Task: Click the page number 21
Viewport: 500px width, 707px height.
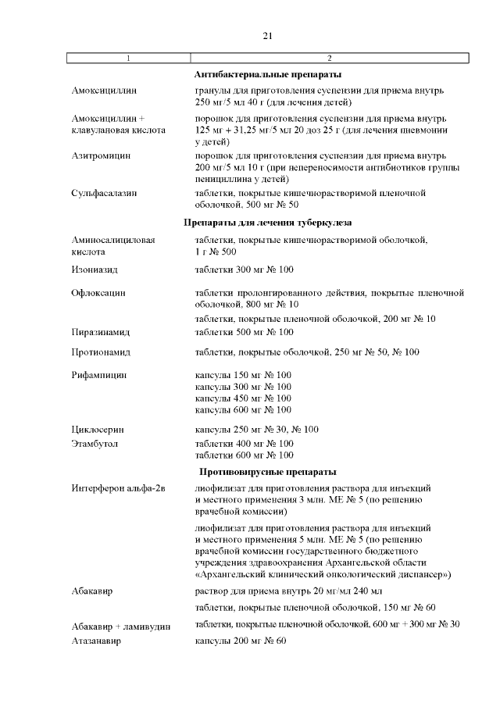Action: (x=267, y=36)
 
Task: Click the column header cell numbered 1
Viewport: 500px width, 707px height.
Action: (x=129, y=59)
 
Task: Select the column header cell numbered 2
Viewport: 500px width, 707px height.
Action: (x=329, y=59)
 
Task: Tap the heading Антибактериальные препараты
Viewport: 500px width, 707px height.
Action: (x=267, y=75)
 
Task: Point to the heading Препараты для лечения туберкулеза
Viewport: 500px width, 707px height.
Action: (x=267, y=223)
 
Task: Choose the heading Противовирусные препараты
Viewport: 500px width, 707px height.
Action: (x=267, y=472)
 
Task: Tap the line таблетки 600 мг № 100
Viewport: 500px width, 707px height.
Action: (x=244, y=455)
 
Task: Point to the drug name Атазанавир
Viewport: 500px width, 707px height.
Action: (x=96, y=641)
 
